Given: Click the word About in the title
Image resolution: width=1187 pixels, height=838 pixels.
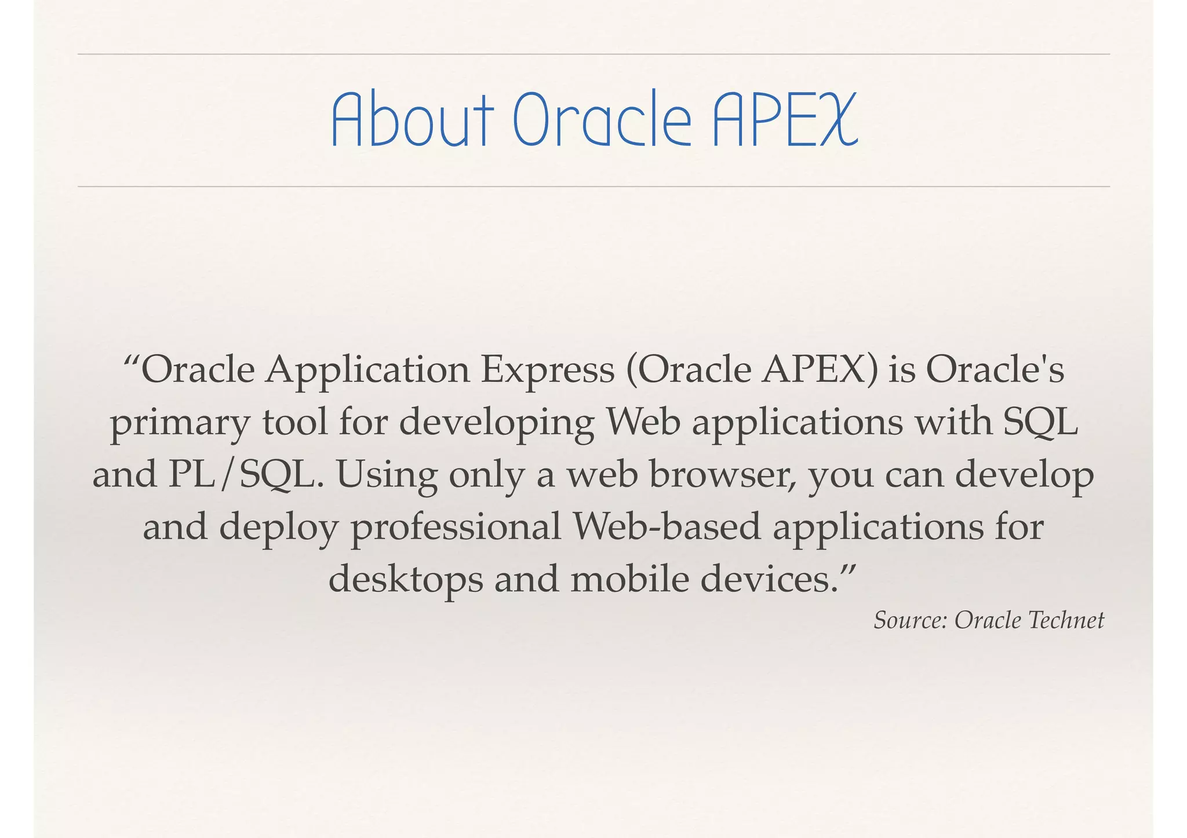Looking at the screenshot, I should point(412,120).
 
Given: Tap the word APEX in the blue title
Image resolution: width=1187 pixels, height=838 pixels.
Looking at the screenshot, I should point(784,120).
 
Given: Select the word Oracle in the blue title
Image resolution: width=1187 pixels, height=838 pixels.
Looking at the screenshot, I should point(603,120).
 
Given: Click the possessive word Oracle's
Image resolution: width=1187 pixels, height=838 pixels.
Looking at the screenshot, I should point(995,369).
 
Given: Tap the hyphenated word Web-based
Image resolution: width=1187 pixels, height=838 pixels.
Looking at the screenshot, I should point(666,527).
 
